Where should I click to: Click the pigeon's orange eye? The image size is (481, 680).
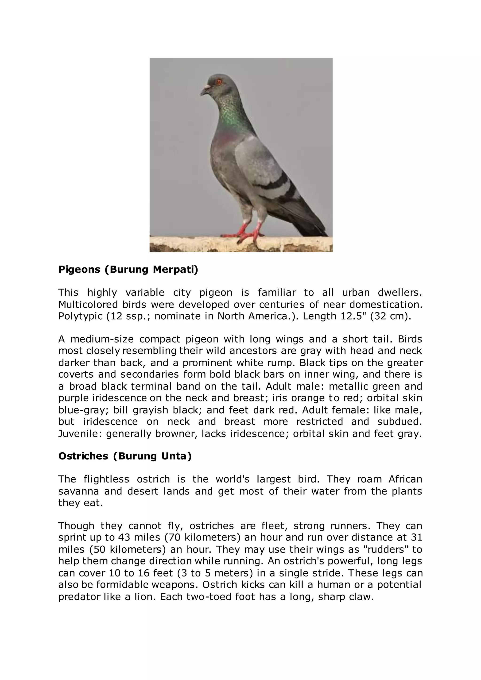tap(219, 81)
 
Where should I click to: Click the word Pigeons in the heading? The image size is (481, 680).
tap(79, 270)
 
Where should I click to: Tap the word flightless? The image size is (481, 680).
tap(106, 479)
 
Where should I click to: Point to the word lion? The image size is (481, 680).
tap(145, 596)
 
